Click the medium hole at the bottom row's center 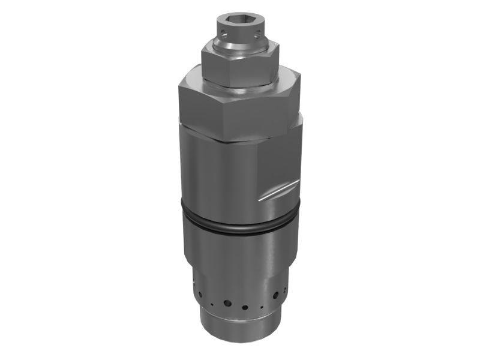point(245,307)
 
